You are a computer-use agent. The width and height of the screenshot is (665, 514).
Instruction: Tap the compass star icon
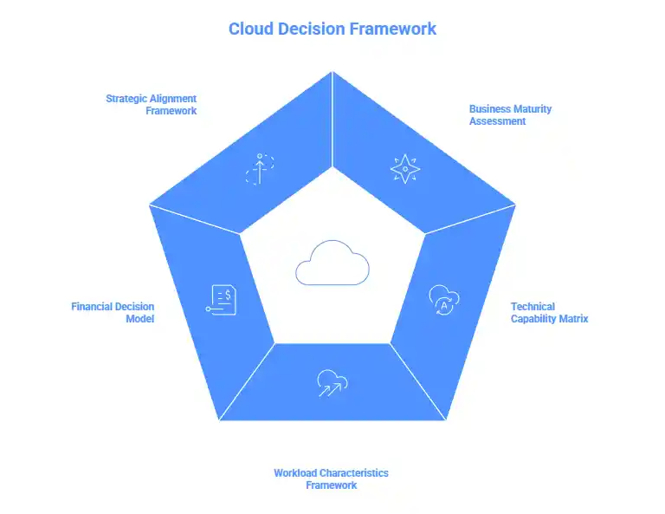coord(404,168)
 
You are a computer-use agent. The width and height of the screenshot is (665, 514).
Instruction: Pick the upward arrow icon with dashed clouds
coord(259,168)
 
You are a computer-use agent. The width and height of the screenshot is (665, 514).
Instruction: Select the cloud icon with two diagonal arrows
coord(332,382)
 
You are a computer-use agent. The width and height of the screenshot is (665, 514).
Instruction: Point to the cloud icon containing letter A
coord(444,299)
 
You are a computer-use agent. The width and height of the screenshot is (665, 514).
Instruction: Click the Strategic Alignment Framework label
coord(152,104)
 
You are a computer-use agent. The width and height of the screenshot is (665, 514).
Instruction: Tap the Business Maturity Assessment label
coord(510,114)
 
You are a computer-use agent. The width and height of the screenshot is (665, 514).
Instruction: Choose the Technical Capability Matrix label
coord(549,312)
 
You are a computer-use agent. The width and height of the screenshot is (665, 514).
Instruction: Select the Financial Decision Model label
coord(113,312)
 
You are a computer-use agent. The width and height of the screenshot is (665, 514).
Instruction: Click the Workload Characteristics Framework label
coord(331,478)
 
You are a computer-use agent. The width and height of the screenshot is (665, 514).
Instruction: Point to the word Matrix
coord(572,318)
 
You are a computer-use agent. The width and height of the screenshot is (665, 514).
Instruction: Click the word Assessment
coord(498,120)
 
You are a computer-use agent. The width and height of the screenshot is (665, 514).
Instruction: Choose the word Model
coord(140,318)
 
